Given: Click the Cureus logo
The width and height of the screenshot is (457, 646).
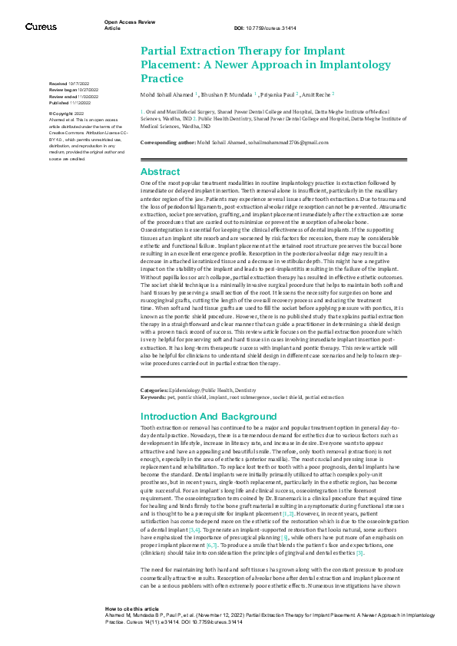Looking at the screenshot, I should (41, 27).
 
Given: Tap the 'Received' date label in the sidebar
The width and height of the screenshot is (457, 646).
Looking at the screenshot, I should (58, 82).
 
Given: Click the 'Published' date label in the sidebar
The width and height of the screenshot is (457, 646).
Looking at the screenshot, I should (58, 103).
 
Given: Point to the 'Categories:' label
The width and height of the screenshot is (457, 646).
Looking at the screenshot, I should (157, 391).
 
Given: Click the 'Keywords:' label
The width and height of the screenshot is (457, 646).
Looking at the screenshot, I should (154, 397).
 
